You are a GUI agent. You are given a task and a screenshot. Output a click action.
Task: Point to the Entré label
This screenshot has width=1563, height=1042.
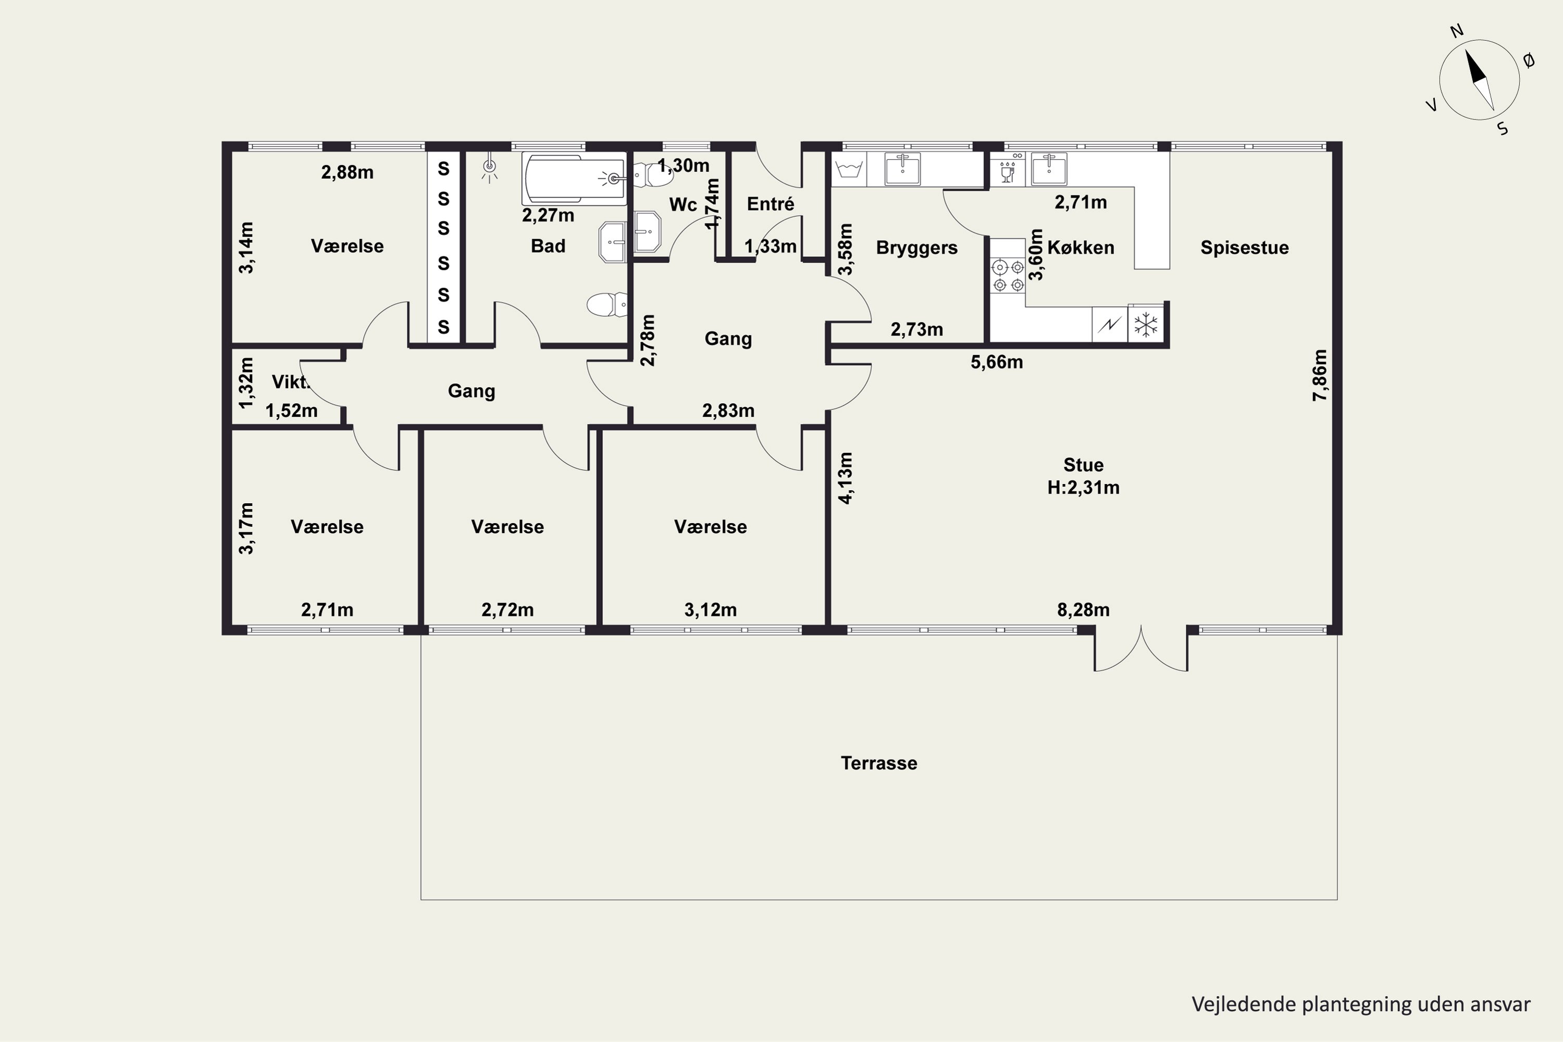coord(770,204)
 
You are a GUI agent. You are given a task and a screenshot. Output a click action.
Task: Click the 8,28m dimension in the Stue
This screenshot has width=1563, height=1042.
coord(1083,610)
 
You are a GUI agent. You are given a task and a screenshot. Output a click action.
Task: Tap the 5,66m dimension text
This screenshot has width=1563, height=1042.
coord(997,362)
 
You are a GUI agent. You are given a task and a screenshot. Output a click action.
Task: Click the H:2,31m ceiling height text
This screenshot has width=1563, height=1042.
coord(1083,488)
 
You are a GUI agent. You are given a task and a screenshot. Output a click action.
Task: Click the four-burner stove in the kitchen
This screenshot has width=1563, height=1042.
coord(1008,276)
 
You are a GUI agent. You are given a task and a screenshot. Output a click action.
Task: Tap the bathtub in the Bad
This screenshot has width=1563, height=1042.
coord(574,179)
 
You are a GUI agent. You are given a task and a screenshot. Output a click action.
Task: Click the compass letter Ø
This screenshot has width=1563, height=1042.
coord(1529,61)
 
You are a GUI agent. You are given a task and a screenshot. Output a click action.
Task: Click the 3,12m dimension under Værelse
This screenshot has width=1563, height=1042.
coord(711,610)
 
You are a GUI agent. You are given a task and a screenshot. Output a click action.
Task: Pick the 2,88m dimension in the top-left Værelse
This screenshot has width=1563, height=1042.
coord(347,172)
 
